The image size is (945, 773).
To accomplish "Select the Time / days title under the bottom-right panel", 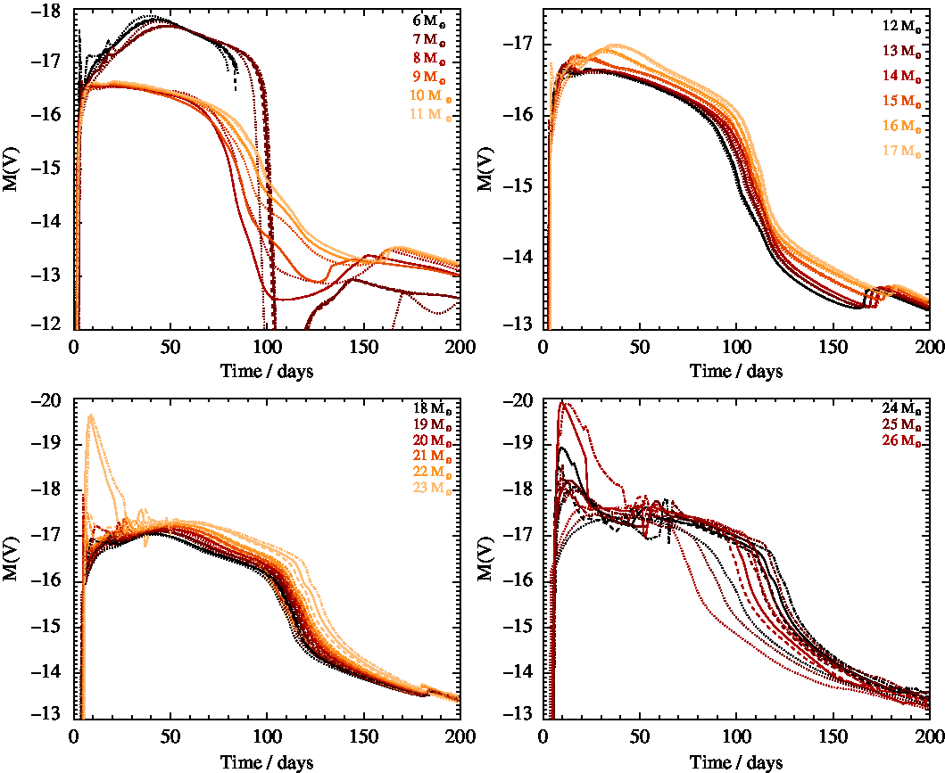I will click(735, 762).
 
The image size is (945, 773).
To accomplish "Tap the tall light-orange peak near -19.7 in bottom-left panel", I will click(91, 415).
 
